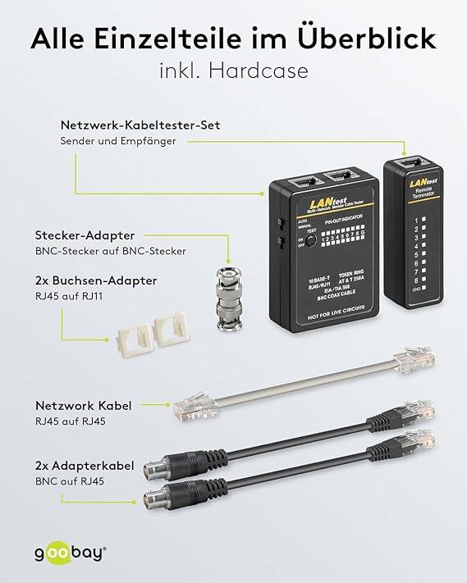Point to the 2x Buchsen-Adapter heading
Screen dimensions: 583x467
pyautogui.click(x=109, y=280)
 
